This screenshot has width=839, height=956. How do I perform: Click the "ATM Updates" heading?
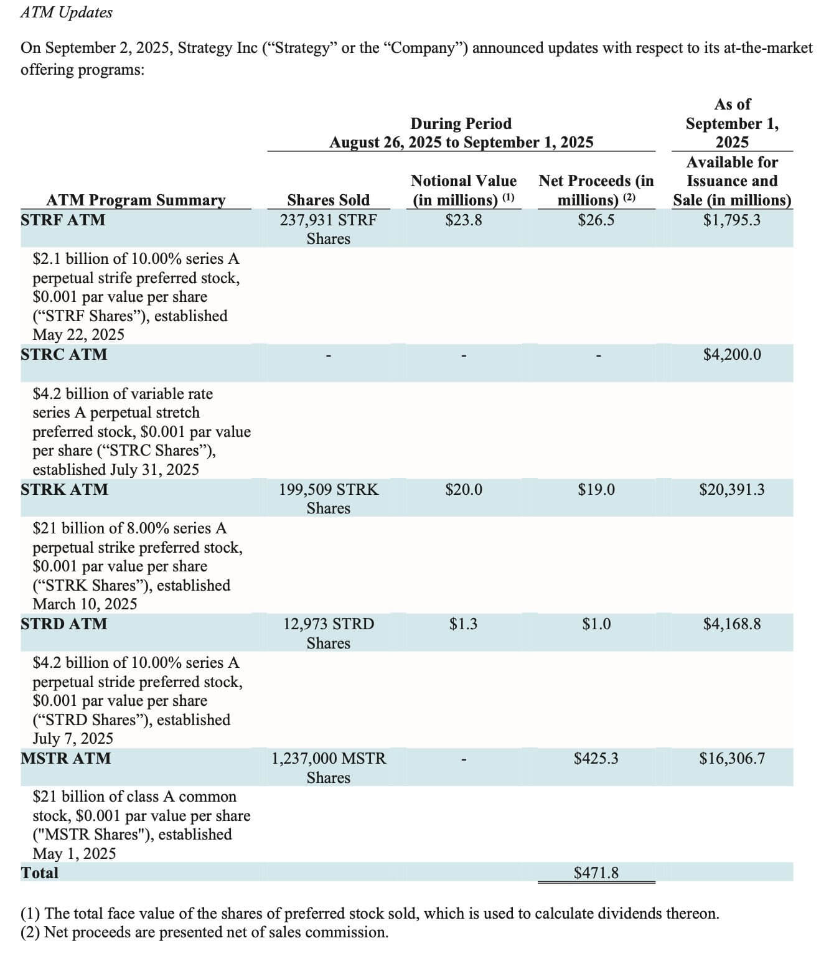66,12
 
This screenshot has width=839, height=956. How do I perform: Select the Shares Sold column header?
328,200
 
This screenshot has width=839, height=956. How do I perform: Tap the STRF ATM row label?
63,220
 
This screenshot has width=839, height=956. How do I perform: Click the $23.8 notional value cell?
463,220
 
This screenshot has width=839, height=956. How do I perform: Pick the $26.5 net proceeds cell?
596,220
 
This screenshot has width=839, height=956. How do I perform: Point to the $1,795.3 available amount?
731,220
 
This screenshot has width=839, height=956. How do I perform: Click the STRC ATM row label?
63,354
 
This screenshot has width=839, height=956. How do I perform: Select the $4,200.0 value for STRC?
731,354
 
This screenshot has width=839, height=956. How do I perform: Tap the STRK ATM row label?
64,489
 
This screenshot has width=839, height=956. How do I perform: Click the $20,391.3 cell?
731,489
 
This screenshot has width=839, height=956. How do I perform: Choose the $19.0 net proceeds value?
596,489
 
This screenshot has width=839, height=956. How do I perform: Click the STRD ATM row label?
63,624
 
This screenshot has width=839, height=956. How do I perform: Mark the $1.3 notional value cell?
463,624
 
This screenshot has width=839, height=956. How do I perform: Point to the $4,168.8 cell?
731,624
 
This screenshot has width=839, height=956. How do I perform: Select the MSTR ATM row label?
65,758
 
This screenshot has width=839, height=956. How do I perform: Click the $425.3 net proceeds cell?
596,758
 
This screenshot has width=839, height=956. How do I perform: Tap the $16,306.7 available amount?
731,758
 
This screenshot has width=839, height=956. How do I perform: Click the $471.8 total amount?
596,873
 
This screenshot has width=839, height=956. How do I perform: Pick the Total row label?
39,873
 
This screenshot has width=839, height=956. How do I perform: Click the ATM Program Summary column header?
136,200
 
